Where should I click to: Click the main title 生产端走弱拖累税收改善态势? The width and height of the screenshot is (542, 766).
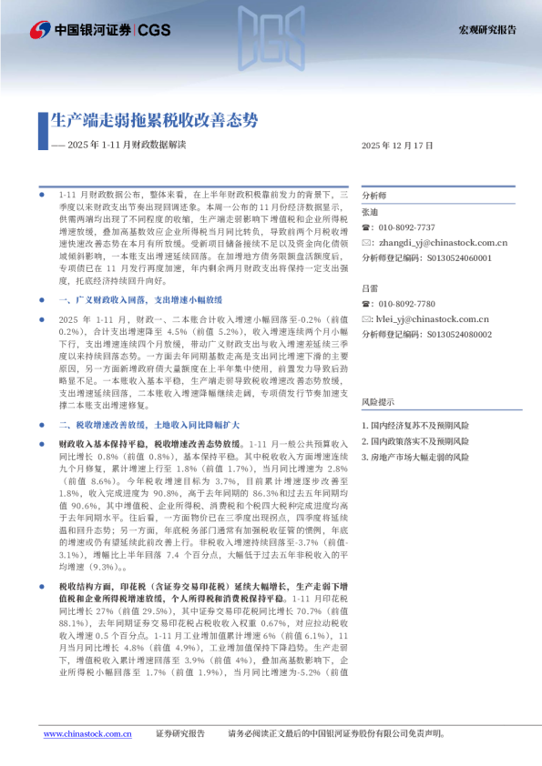pyautogui.click(x=154, y=121)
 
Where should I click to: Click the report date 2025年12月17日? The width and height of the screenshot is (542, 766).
pyautogui.click(x=398, y=146)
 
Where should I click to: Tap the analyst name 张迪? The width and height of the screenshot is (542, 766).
pyautogui.click(x=369, y=212)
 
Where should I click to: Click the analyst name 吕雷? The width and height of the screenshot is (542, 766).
pyautogui.click(x=369, y=287)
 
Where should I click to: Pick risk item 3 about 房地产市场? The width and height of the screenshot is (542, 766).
pyautogui.click(x=415, y=456)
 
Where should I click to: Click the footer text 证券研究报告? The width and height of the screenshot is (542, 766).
pyautogui.click(x=180, y=733)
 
